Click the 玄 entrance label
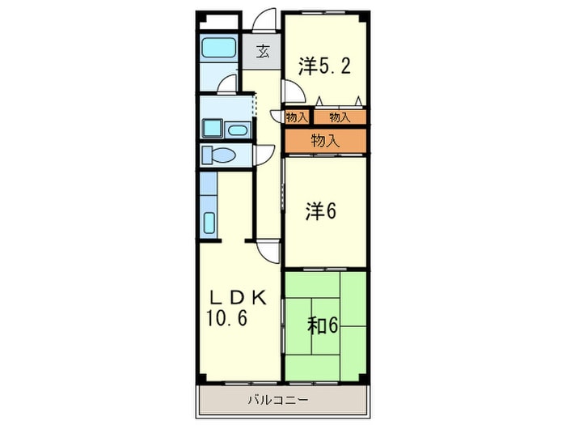tap(263, 52)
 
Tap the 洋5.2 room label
tap(324, 66)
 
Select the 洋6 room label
tap(320, 211)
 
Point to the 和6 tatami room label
tap(323, 325)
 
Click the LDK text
tap(239, 298)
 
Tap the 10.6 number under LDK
tap(226, 318)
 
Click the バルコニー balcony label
tap(278, 400)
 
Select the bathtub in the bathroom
tap(219, 49)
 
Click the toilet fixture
tap(218, 155)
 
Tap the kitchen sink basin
tap(209, 223)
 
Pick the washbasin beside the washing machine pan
tap(237, 130)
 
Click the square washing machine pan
tap(212, 128)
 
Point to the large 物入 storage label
tap(326, 141)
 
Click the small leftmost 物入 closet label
tap(297, 117)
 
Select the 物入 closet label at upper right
tap(340, 117)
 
